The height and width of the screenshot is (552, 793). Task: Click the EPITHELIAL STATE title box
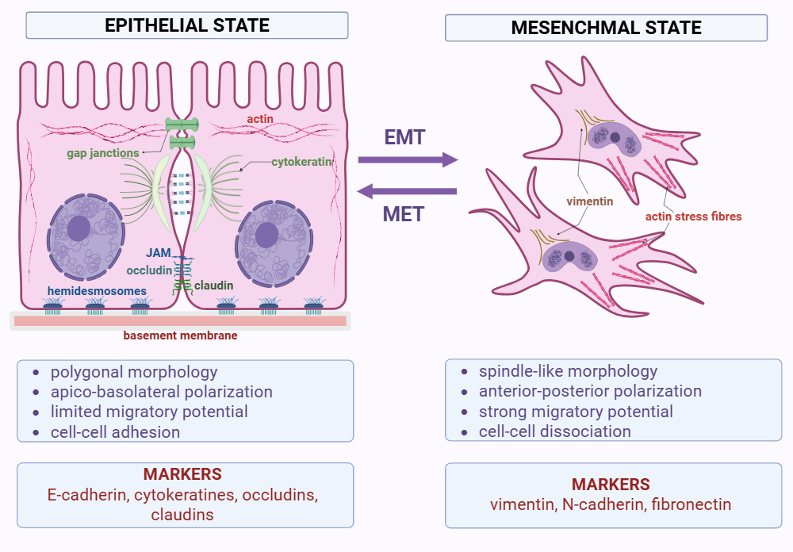(187, 25)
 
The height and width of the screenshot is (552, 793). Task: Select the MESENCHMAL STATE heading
(606, 28)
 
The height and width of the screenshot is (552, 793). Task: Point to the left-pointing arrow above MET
(408, 190)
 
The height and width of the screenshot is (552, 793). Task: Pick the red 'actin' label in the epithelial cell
(259, 119)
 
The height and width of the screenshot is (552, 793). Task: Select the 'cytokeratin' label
(301, 162)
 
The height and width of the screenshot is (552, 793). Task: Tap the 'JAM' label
(159, 253)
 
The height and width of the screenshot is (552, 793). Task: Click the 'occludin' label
(149, 270)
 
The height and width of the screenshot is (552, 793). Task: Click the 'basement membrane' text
(180, 336)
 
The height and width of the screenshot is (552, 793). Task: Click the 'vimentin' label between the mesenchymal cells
(590, 201)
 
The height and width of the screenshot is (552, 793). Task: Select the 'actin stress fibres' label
(693, 216)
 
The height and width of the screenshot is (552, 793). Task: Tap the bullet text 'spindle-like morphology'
(568, 370)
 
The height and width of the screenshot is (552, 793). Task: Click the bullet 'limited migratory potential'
(149, 412)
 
